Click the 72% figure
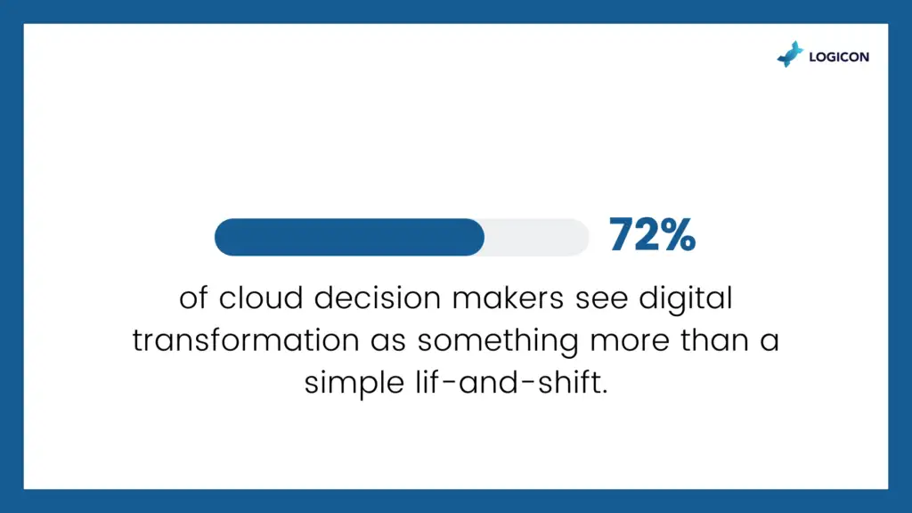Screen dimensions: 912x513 652,234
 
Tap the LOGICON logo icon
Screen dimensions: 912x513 791,54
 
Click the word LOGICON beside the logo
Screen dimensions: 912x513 839,57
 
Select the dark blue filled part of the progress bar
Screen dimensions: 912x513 349,237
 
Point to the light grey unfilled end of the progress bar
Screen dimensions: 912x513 536,237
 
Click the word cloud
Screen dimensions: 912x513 261,297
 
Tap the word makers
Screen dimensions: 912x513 508,297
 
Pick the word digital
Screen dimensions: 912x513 686,299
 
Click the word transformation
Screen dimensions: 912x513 246,340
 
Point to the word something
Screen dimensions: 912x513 497,341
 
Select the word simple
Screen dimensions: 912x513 354,384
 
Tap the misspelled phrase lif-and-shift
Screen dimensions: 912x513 511,383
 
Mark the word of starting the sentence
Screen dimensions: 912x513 193,297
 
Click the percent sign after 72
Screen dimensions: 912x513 678,234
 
